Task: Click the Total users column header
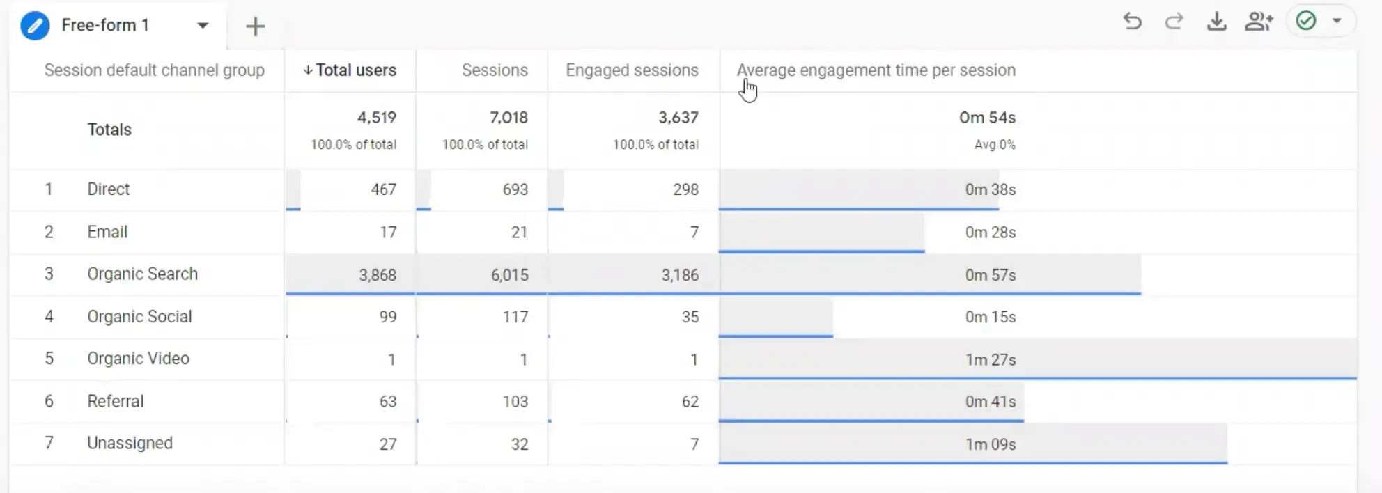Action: (x=355, y=70)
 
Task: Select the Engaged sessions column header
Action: (x=631, y=70)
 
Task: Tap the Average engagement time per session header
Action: (x=876, y=70)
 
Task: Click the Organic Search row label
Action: (x=142, y=274)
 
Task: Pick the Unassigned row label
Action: (x=130, y=444)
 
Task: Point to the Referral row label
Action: (x=115, y=401)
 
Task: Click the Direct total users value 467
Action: (x=383, y=189)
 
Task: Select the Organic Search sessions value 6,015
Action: (x=509, y=275)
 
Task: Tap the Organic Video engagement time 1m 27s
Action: (x=990, y=360)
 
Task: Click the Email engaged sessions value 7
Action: (x=694, y=233)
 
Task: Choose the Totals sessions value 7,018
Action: (x=508, y=118)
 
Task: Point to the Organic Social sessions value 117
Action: (x=515, y=318)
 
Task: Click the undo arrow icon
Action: (x=1132, y=22)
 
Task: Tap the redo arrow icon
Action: (x=1174, y=22)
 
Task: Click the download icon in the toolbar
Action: (x=1216, y=22)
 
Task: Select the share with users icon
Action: (x=1259, y=22)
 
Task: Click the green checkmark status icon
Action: (x=1306, y=21)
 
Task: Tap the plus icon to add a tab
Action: (x=256, y=26)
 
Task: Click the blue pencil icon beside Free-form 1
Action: (x=35, y=26)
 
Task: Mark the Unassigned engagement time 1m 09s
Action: (x=990, y=444)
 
